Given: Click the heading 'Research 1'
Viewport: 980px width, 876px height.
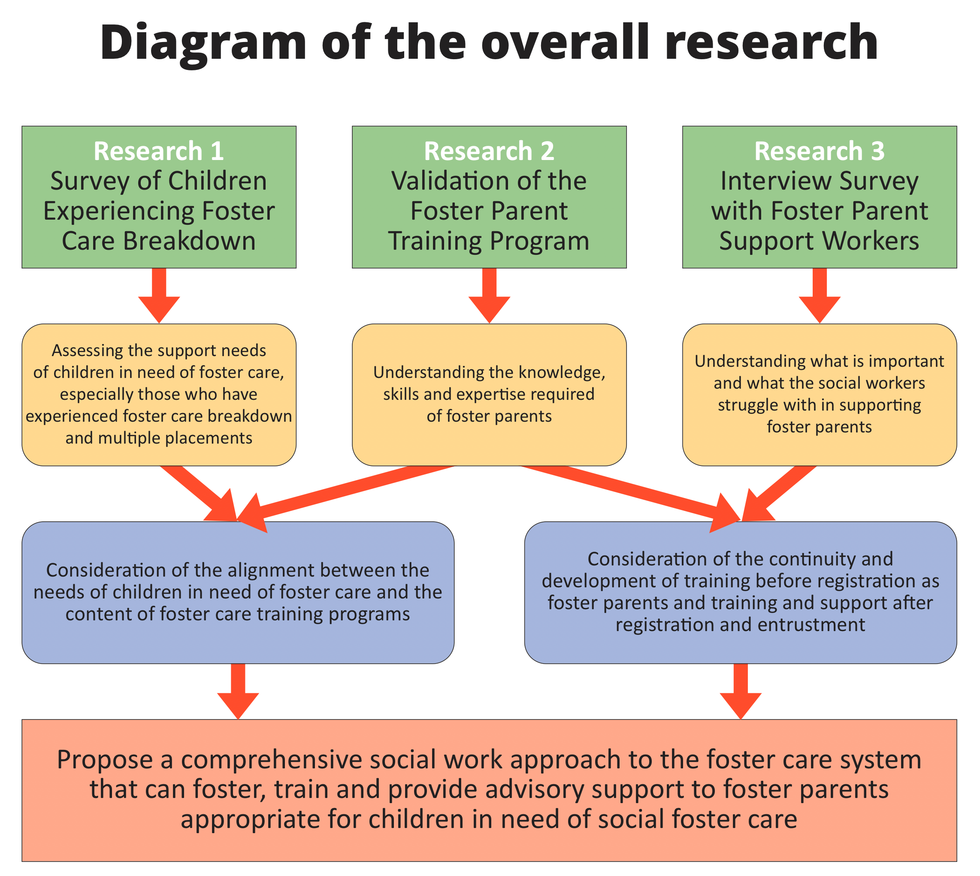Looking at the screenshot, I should click(x=159, y=151).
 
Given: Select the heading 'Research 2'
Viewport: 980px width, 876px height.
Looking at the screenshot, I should click(x=489, y=151).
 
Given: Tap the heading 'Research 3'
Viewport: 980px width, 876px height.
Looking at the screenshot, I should click(x=819, y=151).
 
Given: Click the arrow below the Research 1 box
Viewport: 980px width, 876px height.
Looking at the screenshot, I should click(x=159, y=296).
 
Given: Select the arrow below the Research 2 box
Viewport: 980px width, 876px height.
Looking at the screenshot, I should click(x=489, y=296).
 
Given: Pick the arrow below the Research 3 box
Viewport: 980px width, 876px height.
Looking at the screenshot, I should click(x=819, y=296).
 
